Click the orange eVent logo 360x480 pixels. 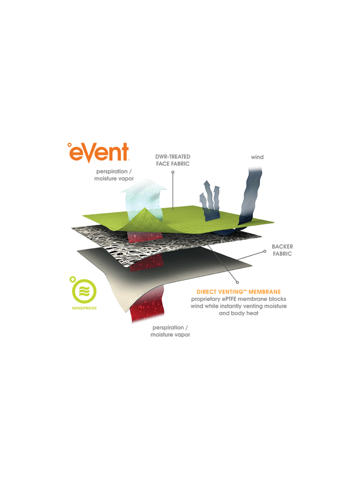pos(98,152)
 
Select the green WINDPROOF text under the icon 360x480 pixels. pos(84,308)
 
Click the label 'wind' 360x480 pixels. pos(257,157)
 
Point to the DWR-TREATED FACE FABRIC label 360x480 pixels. pos(173,160)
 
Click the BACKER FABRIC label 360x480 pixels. pos(282,250)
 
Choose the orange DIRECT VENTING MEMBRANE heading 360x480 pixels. pos(239,292)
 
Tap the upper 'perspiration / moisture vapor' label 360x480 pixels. pos(114,175)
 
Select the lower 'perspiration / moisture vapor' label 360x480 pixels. pos(170,331)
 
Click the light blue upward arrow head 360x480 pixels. pos(144,185)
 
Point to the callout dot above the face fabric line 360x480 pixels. pos(173,172)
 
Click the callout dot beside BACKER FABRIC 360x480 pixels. pos(265,252)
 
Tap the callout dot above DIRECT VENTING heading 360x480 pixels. pos(237,282)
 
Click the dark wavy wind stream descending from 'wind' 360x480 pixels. pos(250,199)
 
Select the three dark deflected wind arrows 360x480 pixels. pos(210,201)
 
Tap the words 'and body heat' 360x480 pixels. pos(239,313)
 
